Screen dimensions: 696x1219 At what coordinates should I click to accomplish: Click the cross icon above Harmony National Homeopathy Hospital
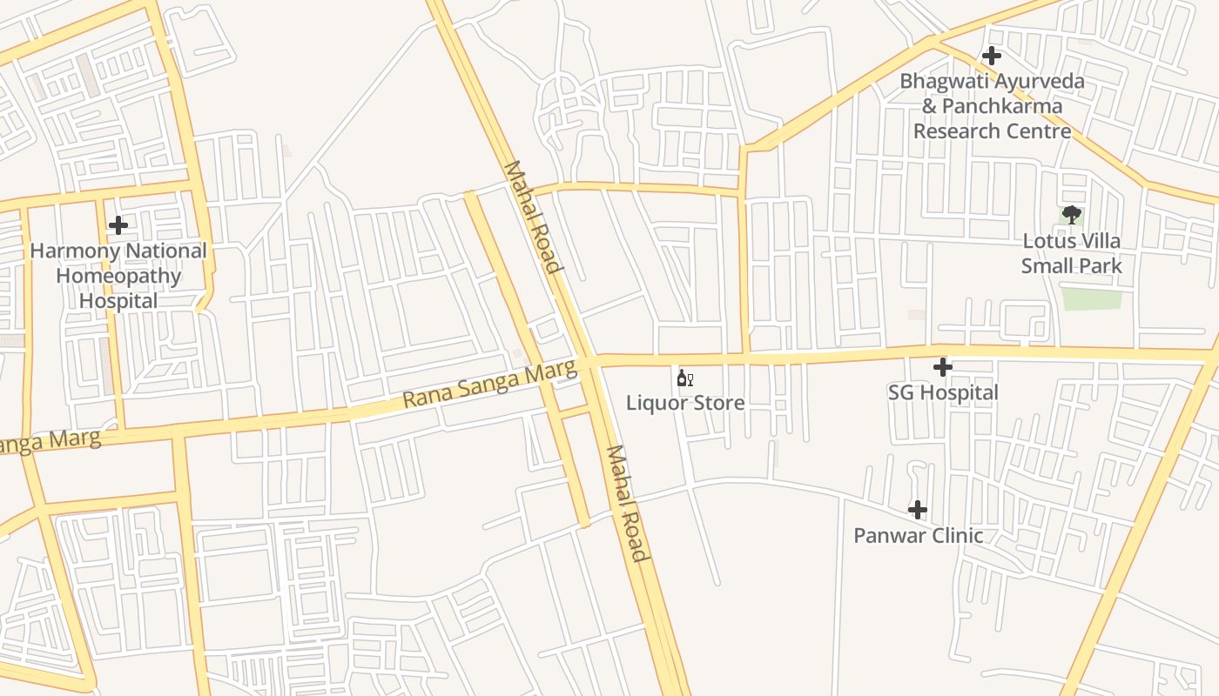(118, 225)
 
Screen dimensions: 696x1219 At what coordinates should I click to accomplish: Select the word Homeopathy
(118, 277)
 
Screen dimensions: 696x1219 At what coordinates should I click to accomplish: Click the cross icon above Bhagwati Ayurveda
(991, 57)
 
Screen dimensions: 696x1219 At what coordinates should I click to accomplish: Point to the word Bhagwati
(937, 82)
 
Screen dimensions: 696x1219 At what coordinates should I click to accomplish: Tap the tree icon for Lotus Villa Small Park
(1071, 215)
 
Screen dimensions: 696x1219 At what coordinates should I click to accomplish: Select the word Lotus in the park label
(1047, 241)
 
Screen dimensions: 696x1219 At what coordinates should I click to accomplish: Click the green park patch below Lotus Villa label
(1091, 299)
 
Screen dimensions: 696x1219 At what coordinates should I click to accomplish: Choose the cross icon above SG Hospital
(942, 367)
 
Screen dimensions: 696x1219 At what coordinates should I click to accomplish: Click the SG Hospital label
(943, 392)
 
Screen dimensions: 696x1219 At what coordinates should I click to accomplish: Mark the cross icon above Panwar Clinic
(917, 510)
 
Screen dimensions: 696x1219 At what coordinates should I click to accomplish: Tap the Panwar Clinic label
(918, 535)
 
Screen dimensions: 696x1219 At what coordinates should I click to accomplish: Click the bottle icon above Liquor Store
(684, 378)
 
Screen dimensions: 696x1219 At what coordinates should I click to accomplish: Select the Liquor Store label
(685, 403)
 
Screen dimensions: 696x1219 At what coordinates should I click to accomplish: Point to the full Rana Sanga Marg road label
(489, 385)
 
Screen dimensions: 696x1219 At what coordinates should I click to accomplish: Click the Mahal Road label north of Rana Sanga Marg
(530, 217)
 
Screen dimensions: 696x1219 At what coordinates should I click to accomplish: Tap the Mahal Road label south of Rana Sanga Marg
(627, 504)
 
